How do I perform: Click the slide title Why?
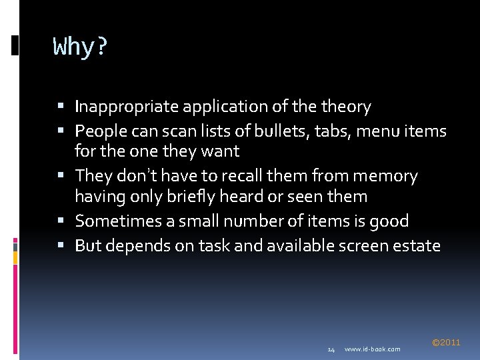click(80, 47)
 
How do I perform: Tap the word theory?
click(346, 107)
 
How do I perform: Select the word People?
click(98, 131)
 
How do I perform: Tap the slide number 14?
click(331, 349)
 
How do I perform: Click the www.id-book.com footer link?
click(373, 349)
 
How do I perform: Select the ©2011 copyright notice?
click(446, 342)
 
